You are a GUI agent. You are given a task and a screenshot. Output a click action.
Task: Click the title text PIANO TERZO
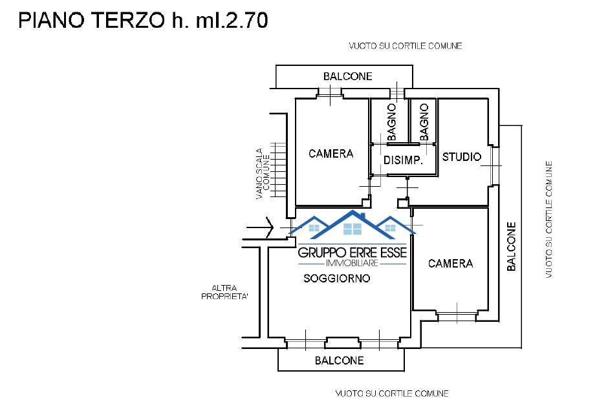pos(91,21)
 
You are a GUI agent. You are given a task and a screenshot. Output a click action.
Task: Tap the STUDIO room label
pos(462,157)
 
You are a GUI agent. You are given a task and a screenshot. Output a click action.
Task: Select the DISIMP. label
pos(403,161)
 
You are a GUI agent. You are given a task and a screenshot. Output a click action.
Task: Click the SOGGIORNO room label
pos(337,279)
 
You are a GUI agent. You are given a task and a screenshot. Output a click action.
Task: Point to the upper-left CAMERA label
pos(331,154)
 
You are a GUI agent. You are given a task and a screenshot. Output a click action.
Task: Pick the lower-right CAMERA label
pos(450,264)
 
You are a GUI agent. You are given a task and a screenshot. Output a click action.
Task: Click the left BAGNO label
pos(392,122)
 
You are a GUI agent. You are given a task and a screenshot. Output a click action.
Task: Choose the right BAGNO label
pos(424,122)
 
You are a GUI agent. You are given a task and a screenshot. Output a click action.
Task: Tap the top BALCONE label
pos(348,76)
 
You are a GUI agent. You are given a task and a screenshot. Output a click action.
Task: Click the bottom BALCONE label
pos(340,361)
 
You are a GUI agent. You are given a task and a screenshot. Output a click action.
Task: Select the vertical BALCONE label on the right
pos(511,246)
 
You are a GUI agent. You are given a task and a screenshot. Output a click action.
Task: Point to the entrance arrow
pos(263,227)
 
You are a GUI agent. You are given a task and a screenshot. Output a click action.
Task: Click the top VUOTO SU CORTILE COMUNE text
pos(406,46)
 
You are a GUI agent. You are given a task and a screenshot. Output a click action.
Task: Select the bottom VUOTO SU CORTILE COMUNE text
pos(392,394)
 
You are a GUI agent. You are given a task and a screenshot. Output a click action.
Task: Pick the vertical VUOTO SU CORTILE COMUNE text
pos(548,220)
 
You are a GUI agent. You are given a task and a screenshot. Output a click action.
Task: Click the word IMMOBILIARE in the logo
pos(352,264)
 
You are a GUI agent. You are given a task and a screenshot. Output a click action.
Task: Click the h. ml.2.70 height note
pos(220,21)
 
